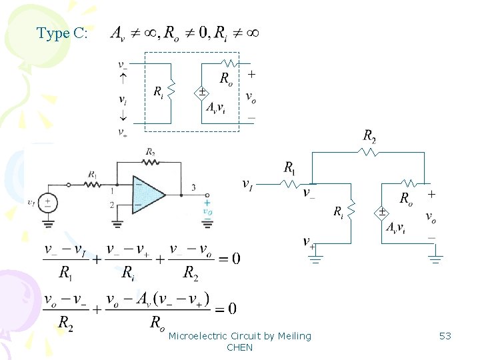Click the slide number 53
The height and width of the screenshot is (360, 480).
pyautogui.click(x=445, y=336)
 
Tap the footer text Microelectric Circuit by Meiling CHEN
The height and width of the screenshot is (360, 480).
pyautogui.click(x=239, y=341)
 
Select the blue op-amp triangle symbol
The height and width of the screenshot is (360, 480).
pyautogui.click(x=148, y=195)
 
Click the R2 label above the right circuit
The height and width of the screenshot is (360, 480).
pyautogui.click(x=370, y=136)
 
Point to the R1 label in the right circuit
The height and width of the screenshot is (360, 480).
pyautogui.click(x=291, y=167)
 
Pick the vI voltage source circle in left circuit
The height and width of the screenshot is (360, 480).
pyautogui.click(x=47, y=202)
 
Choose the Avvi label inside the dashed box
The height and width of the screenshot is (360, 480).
pyautogui.click(x=215, y=107)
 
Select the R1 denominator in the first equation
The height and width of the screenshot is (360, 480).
pyautogui.click(x=65, y=272)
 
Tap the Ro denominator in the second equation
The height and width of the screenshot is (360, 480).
pyautogui.click(x=157, y=323)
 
